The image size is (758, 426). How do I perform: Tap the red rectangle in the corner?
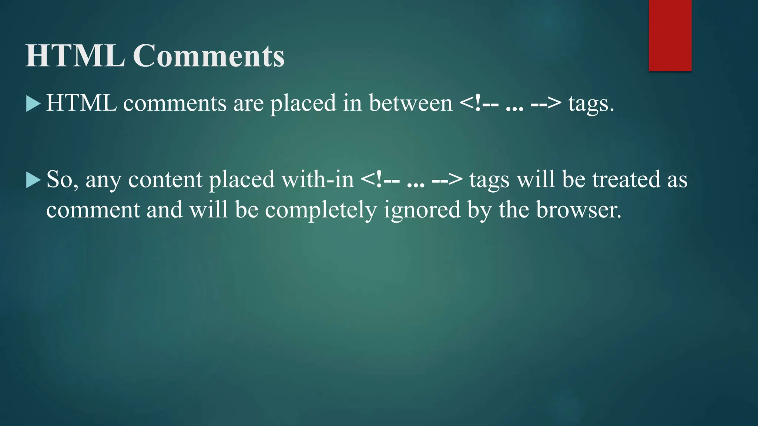(x=670, y=35)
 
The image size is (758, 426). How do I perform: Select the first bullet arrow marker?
(x=33, y=104)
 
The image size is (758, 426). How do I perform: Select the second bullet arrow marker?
(x=33, y=180)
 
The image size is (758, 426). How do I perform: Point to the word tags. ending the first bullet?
(x=591, y=104)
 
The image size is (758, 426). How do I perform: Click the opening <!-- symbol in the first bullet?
(x=479, y=104)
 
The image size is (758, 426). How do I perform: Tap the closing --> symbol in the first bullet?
(x=546, y=104)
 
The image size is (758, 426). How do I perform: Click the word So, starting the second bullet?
(x=62, y=180)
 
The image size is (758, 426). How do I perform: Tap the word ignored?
(x=422, y=210)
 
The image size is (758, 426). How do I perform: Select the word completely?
(x=321, y=210)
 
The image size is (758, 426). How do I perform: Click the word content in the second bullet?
(x=165, y=180)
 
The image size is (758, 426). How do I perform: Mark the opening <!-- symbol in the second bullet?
(x=380, y=180)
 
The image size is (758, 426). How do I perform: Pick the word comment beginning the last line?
(x=93, y=210)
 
